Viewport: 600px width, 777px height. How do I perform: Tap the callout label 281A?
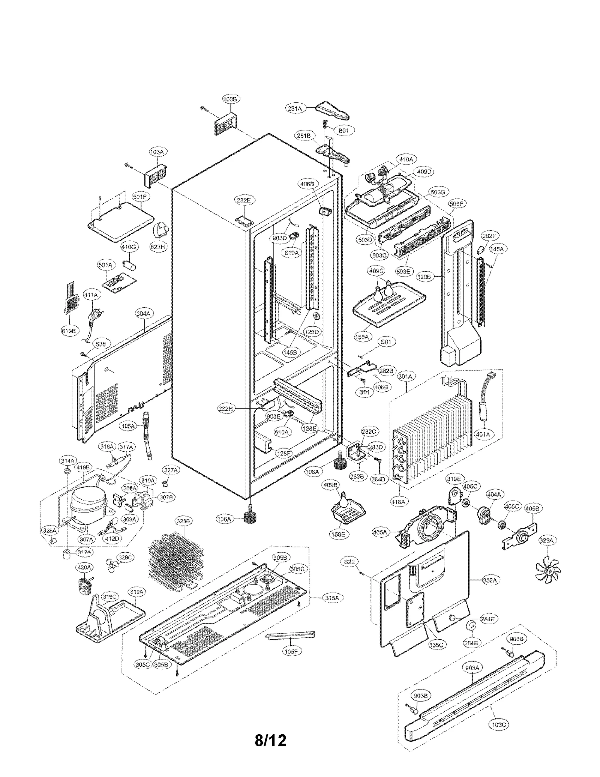(x=295, y=108)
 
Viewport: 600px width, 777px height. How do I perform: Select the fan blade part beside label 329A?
(x=547, y=574)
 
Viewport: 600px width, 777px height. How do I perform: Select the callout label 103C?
(x=499, y=725)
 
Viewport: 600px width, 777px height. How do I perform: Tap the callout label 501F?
(x=140, y=197)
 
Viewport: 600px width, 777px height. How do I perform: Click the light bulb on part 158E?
(x=343, y=500)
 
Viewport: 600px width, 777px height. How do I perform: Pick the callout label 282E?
(x=243, y=200)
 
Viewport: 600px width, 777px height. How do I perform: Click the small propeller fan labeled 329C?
(x=112, y=570)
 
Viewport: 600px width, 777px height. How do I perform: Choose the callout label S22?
(x=349, y=562)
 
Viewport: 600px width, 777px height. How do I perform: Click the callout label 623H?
(x=158, y=247)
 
